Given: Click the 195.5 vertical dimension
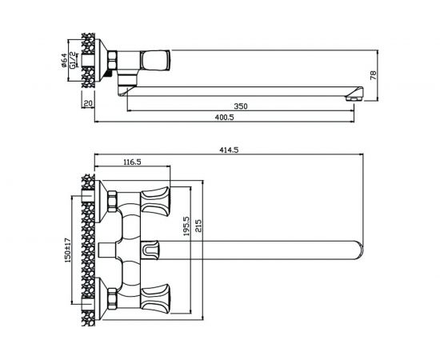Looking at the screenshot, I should (x=186, y=226).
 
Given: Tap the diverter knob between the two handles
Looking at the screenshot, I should (x=150, y=250).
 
